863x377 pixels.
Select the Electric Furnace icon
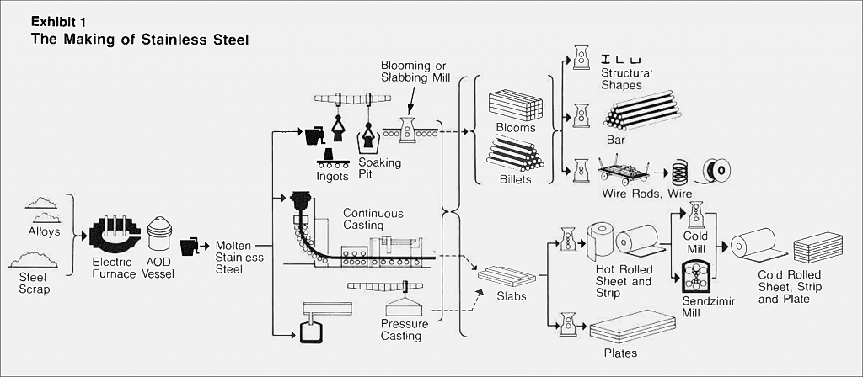(x=111, y=240)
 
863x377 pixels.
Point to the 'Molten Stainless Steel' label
(x=239, y=258)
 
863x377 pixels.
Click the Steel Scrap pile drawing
(x=34, y=259)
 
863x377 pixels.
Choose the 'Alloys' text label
(x=44, y=231)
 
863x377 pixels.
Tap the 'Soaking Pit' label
(x=380, y=170)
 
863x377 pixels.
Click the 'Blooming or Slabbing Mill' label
(x=415, y=72)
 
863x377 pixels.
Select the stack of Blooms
(x=516, y=105)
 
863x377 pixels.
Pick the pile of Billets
(x=515, y=154)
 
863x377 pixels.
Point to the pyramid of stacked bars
(x=642, y=110)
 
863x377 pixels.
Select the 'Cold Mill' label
(x=695, y=242)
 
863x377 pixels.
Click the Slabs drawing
(x=507, y=276)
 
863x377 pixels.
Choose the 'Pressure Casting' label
(x=404, y=329)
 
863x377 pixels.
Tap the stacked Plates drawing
(x=632, y=327)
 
